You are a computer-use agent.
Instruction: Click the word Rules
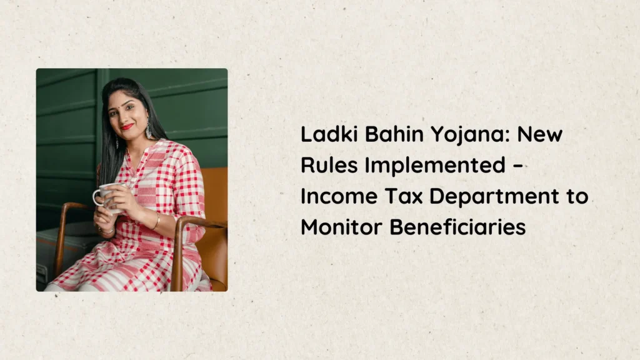click(329, 165)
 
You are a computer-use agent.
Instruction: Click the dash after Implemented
click(517, 166)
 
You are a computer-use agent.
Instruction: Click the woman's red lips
click(127, 126)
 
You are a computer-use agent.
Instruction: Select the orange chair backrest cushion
click(215, 221)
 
